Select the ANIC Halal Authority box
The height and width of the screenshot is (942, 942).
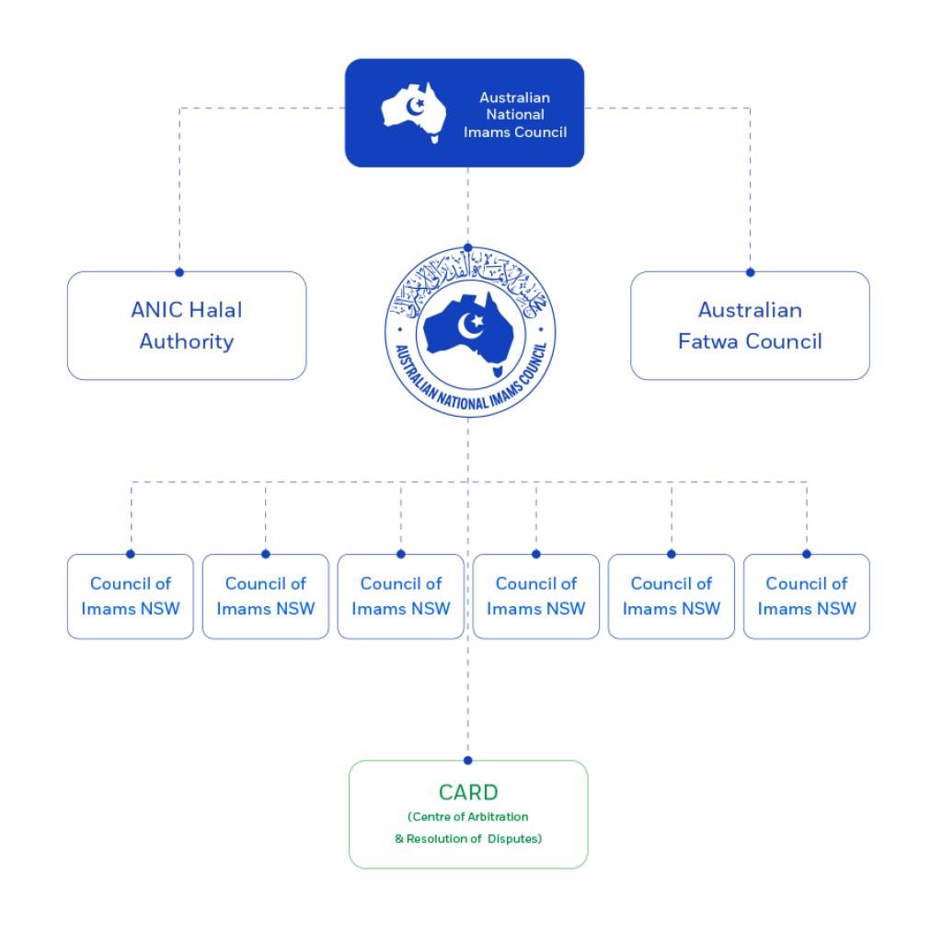tap(187, 326)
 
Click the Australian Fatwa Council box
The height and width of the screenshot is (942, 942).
tap(750, 326)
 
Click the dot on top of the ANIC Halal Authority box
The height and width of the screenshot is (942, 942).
tap(179, 272)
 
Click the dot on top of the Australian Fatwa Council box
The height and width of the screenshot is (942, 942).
tap(750, 272)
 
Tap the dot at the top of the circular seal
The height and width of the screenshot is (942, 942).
tap(468, 248)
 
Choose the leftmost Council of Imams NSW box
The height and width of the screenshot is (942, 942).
tap(131, 596)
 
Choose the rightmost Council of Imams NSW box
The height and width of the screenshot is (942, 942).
tap(807, 596)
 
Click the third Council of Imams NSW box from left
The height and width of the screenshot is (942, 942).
tap(401, 596)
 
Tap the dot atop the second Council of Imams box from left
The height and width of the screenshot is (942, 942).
tap(266, 554)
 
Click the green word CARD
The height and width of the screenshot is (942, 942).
tap(468, 792)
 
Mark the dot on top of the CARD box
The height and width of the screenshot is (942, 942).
tap(468, 761)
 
